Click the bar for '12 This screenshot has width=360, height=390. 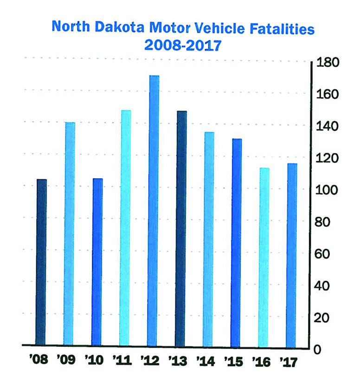pos(154,211)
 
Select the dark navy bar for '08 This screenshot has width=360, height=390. pos(42,263)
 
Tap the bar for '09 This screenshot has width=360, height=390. pos(70,234)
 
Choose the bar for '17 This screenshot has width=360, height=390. pos(291,255)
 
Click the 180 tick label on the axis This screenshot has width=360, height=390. pos(328,63)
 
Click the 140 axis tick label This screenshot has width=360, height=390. pos(328,126)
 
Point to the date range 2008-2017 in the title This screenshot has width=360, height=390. pos(183,46)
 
